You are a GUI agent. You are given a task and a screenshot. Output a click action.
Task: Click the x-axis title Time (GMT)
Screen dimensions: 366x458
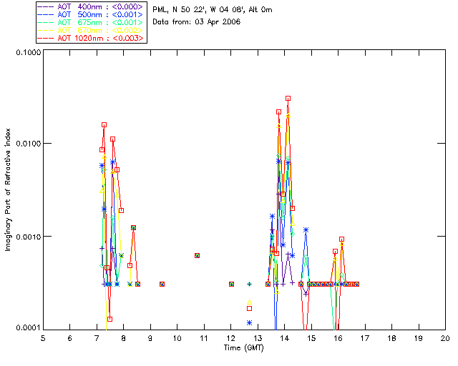tap(244, 347)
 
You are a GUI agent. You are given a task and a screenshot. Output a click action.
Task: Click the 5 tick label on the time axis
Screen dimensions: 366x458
tap(43, 337)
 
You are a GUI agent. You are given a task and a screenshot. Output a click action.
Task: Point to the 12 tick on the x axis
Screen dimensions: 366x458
tap(230, 337)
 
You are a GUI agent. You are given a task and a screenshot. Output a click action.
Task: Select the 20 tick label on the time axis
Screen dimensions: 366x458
tap(445, 337)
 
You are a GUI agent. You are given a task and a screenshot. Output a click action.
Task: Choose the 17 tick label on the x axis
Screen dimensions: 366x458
tap(365, 337)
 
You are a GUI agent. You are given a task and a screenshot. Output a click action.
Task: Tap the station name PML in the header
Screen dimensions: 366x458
tap(160, 10)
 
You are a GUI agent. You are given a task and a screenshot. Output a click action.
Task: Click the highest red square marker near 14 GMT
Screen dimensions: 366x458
tap(288, 99)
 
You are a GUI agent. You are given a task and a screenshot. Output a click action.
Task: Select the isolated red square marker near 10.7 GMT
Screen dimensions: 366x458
tap(197, 255)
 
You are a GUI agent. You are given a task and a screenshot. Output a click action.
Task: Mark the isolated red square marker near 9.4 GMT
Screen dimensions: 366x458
tap(162, 284)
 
